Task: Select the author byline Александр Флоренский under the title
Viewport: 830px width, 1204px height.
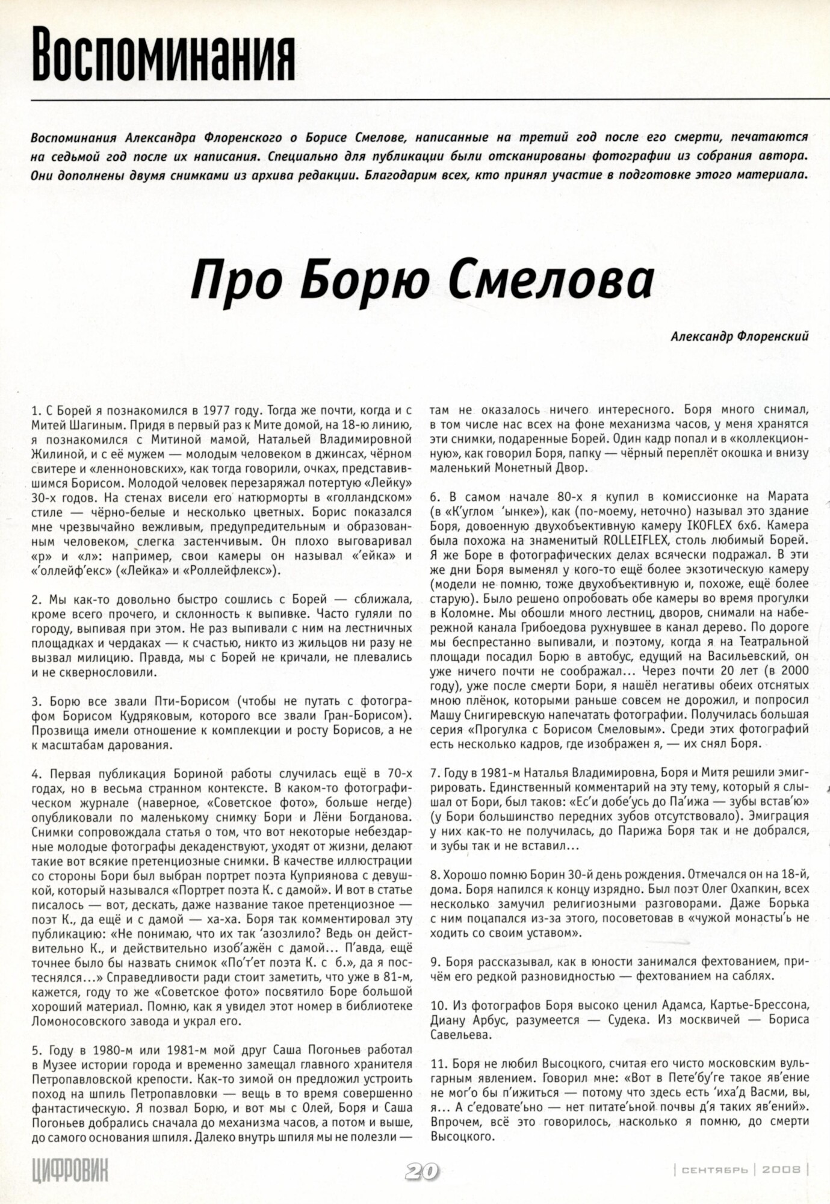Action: [739, 337]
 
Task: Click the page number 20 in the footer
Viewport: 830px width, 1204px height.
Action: [422, 1171]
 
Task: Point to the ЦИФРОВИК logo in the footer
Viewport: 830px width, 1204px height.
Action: [70, 1170]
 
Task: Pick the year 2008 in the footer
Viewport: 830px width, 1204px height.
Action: [781, 1170]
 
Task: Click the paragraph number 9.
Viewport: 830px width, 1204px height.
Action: [434, 961]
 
